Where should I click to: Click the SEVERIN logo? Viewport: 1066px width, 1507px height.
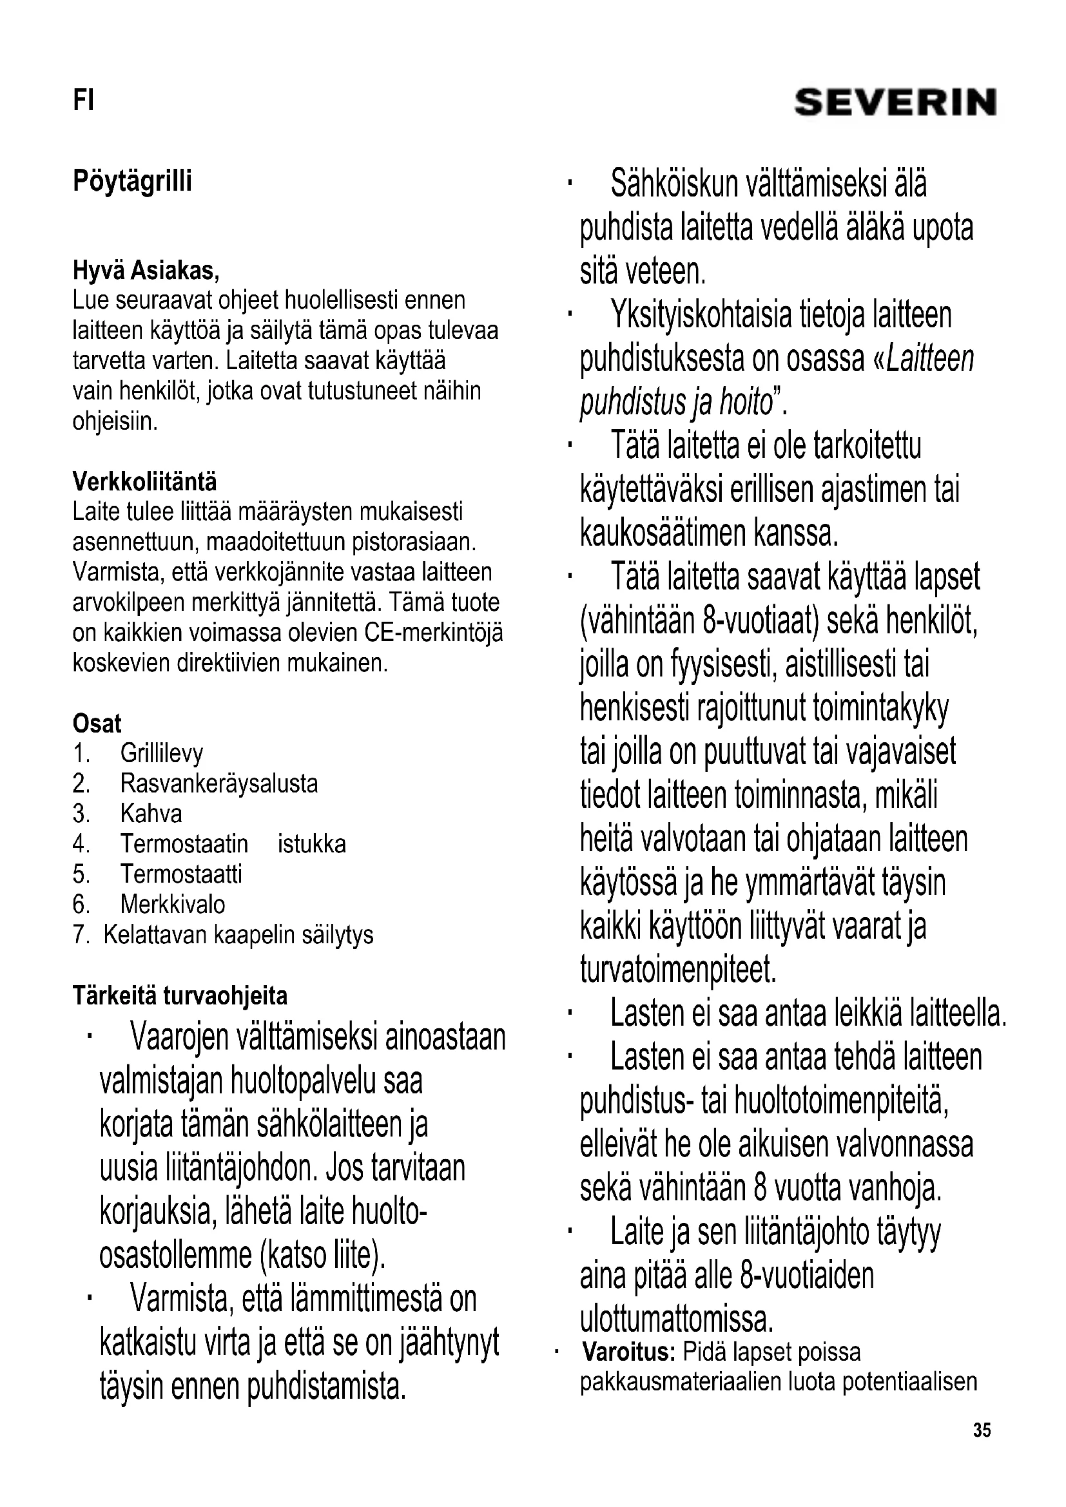pyautogui.click(x=895, y=103)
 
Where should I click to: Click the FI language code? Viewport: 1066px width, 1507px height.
pyautogui.click(x=83, y=101)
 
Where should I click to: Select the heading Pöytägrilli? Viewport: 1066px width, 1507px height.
pyautogui.click(x=132, y=181)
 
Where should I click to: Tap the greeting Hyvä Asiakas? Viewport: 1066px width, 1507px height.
pyautogui.click(x=146, y=271)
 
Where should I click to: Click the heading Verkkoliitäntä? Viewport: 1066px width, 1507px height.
pyautogui.click(x=144, y=482)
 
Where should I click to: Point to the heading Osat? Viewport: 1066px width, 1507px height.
pyautogui.click(x=97, y=724)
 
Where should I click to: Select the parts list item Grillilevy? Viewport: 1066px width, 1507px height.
pyautogui.click(x=162, y=754)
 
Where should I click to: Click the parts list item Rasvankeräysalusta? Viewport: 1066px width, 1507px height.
pyautogui.click(x=218, y=783)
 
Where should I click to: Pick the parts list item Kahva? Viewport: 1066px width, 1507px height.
pyautogui.click(x=151, y=814)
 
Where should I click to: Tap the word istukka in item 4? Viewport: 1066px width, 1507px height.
pyautogui.click(x=312, y=844)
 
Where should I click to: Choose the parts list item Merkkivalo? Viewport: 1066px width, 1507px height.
pyautogui.click(x=173, y=905)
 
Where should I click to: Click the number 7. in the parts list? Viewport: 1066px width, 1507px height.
pyautogui.click(x=81, y=935)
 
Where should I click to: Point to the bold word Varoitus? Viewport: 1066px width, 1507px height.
pyautogui.click(x=629, y=1352)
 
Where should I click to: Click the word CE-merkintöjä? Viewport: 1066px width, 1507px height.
pyautogui.click(x=433, y=633)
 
